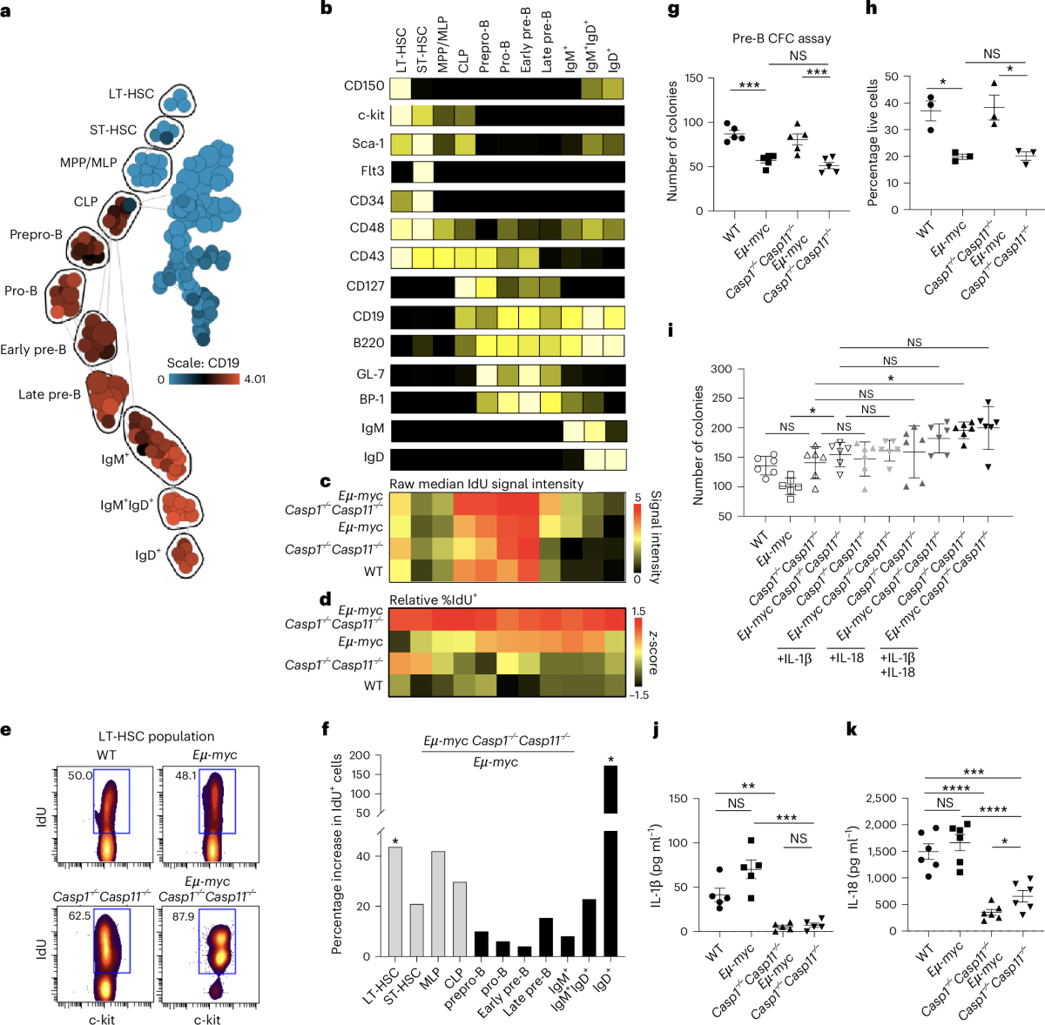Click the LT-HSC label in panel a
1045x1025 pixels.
(x=131, y=94)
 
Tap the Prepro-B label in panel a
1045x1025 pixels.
(x=36, y=235)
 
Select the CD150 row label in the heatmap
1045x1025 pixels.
(x=364, y=86)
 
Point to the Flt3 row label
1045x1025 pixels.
(x=372, y=171)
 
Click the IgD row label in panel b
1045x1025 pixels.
(x=374, y=457)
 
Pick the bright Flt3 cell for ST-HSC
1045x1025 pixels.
(x=422, y=171)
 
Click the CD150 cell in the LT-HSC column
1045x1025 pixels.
(x=401, y=88)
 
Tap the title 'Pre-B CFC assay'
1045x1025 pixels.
(x=781, y=38)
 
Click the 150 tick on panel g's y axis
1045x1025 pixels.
(x=693, y=78)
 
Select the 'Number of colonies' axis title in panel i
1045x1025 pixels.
(x=698, y=446)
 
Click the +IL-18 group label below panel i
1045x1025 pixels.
(x=845, y=658)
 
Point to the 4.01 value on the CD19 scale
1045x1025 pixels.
(x=254, y=379)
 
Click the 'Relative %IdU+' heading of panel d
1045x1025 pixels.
(x=433, y=600)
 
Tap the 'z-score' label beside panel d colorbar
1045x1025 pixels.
(x=652, y=653)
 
